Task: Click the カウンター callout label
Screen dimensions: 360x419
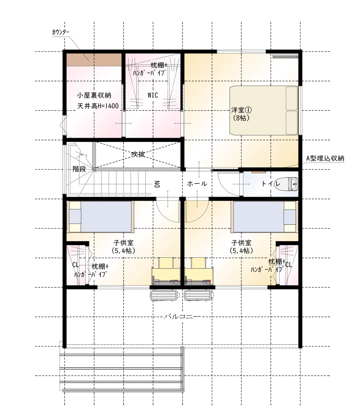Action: click(x=61, y=32)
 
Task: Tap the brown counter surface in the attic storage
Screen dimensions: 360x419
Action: click(x=94, y=60)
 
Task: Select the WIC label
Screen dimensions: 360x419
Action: click(x=153, y=95)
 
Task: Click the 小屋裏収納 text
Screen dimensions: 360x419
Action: click(x=94, y=95)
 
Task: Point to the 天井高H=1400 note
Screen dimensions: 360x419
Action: click(x=98, y=106)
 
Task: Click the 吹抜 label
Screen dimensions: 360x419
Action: click(x=138, y=154)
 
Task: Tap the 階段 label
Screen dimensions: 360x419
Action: click(x=79, y=169)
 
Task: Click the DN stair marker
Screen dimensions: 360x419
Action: click(x=157, y=184)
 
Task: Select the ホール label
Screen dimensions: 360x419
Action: click(x=197, y=184)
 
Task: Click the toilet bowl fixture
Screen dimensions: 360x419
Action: click(x=286, y=184)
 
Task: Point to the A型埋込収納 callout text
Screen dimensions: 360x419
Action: click(x=325, y=158)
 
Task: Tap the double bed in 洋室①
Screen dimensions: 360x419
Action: click(x=264, y=110)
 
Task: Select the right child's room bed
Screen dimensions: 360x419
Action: click(x=264, y=217)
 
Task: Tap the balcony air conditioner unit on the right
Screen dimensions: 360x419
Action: click(x=198, y=295)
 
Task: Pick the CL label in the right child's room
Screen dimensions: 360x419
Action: click(x=289, y=264)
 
